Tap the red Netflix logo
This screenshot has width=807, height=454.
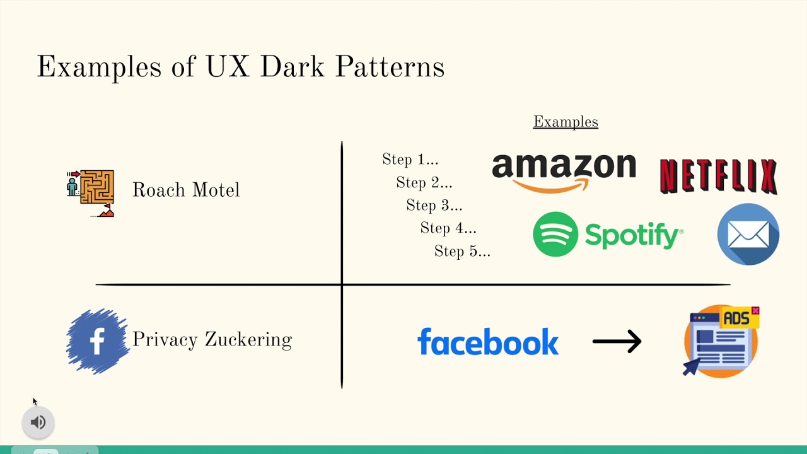[718, 176]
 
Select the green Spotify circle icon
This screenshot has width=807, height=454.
[555, 234]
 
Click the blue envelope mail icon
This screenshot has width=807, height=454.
[748, 234]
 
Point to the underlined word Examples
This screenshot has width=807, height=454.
[566, 122]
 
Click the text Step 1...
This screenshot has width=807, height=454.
[410, 160]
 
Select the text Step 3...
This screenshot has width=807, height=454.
[434, 206]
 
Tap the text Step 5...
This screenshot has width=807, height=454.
[462, 252]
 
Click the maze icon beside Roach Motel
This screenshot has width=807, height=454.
[91, 192]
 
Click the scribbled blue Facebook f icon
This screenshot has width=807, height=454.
[97, 341]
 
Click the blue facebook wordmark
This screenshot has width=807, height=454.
[488, 342]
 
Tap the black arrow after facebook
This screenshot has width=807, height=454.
[617, 342]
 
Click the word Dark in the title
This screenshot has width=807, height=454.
[292, 67]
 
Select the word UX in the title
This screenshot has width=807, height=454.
[228, 67]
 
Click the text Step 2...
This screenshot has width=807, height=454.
[424, 183]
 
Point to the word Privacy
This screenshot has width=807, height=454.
[165, 340]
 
